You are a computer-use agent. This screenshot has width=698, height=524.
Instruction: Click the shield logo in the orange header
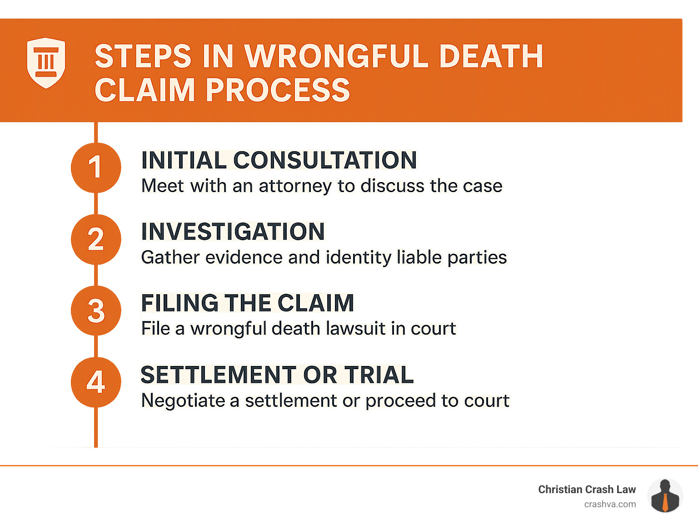coord(46,63)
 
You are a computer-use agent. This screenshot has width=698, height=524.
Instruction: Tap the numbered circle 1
coord(96,167)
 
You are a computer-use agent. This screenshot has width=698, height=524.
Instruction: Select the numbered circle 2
coord(96,239)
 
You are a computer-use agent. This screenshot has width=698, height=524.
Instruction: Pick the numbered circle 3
coord(96,311)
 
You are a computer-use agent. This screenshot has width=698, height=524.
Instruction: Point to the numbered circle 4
coord(96,382)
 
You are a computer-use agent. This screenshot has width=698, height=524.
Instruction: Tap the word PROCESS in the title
coord(278,90)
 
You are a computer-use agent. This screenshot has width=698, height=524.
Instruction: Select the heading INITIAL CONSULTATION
coord(279,160)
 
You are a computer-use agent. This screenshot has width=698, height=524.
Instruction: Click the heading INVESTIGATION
coord(233,232)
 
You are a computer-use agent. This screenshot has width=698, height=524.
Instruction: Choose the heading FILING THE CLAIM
coord(248,303)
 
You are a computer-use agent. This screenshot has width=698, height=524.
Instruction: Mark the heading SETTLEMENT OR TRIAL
coord(277,375)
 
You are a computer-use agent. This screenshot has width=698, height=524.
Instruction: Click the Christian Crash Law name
coord(587,489)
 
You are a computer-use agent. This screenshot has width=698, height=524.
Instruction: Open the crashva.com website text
coord(610,504)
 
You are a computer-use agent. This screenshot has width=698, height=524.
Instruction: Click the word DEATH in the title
coord(491,56)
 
